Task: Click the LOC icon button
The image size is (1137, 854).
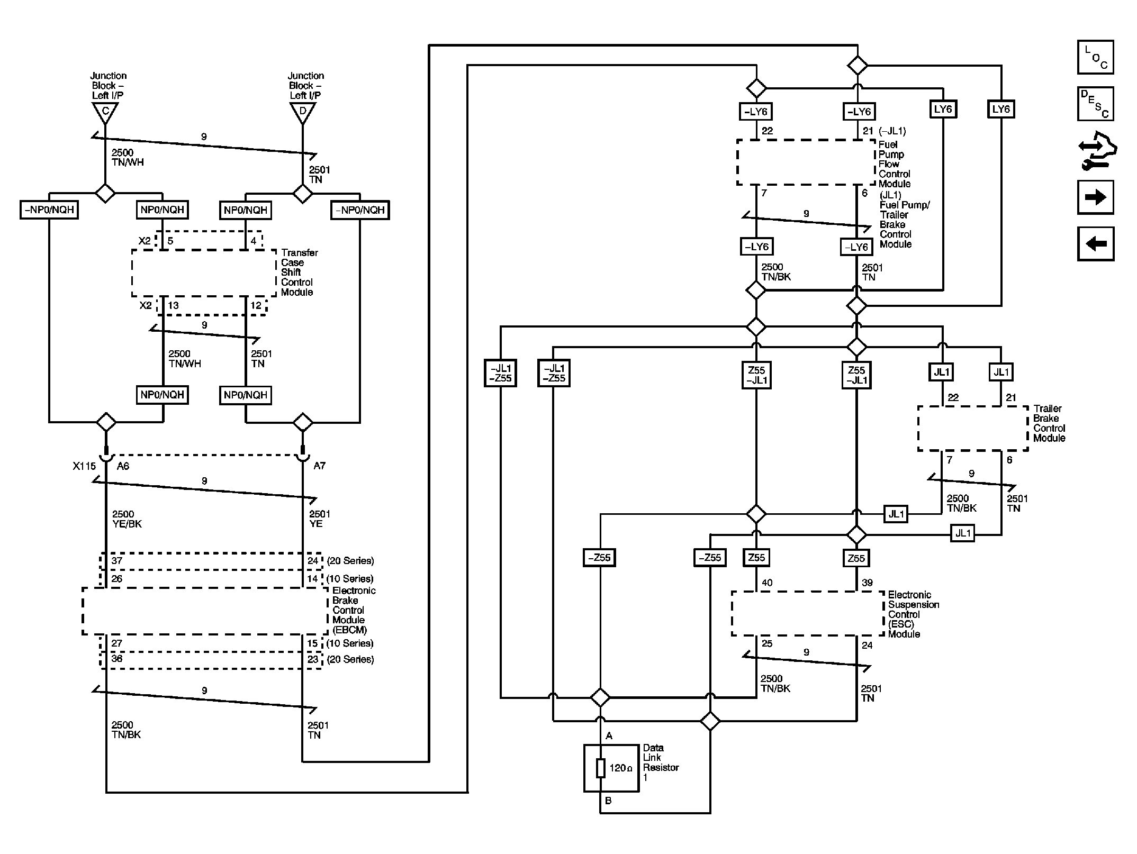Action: (1095, 57)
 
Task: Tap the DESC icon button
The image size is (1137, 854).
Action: (1095, 104)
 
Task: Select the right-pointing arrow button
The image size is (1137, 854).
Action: (1095, 197)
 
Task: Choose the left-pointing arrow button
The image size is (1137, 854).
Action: (1095, 244)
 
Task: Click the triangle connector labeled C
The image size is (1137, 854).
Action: (105, 112)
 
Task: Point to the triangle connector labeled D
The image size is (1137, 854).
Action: (303, 112)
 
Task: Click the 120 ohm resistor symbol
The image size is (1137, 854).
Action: (600, 768)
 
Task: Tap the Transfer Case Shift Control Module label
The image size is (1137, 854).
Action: (299, 272)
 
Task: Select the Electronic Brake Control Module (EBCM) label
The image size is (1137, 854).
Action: (354, 610)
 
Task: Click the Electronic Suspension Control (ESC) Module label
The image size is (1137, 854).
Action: (913, 614)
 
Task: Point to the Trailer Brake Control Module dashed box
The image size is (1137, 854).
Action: (972, 429)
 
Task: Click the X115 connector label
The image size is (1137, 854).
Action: (84, 466)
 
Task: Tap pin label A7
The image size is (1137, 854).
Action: (319, 466)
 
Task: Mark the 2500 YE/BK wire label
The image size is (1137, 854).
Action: (127, 519)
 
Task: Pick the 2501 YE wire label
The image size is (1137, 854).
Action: (319, 519)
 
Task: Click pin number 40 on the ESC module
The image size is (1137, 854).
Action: (767, 583)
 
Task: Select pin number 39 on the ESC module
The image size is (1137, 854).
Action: (867, 583)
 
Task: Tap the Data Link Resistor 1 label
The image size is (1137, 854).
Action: (660, 762)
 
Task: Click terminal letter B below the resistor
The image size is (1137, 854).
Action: (608, 801)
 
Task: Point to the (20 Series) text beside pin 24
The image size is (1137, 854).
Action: (350, 561)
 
